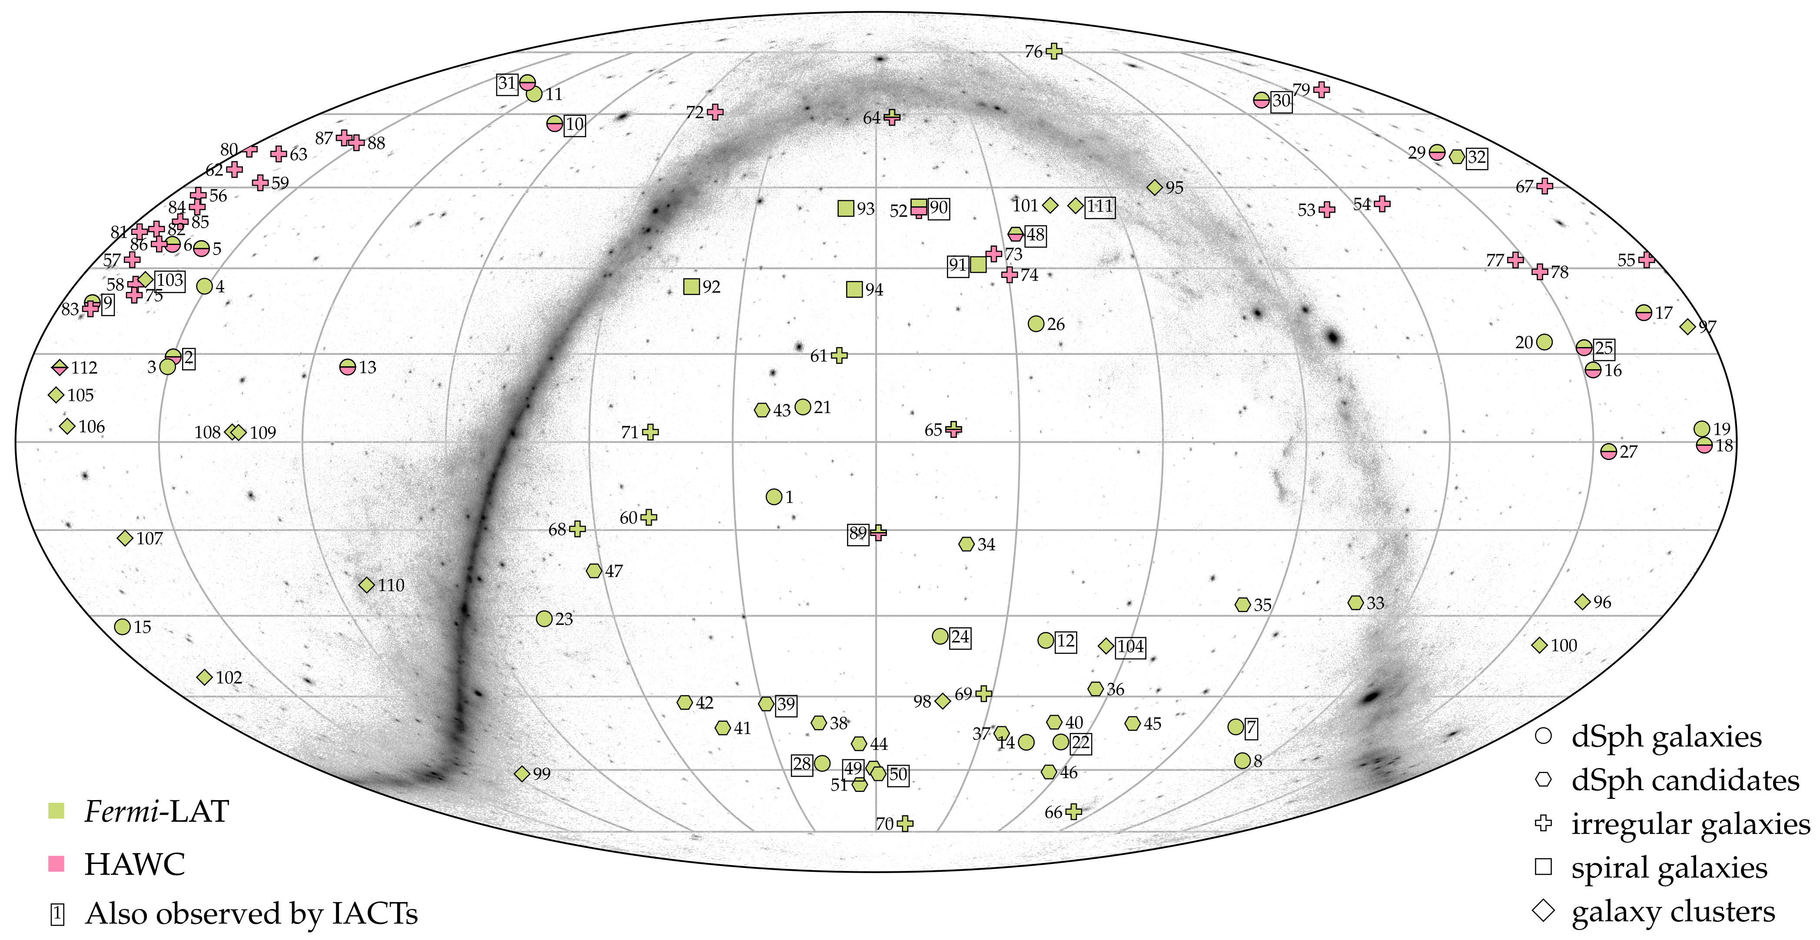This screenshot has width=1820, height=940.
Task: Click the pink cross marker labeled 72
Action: [x=715, y=112]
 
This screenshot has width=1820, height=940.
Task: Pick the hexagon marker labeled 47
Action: [x=594, y=571]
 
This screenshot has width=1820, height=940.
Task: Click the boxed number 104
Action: [x=1130, y=646]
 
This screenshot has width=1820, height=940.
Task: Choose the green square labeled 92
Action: [x=692, y=286]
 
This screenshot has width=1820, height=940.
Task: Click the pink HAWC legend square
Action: [x=56, y=864]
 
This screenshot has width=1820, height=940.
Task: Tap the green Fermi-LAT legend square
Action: [x=56, y=811]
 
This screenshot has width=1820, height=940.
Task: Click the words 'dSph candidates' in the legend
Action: [x=1685, y=781]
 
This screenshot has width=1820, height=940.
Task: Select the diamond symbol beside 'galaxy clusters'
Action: [x=1544, y=910]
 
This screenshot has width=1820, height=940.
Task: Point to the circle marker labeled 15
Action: [x=122, y=626]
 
